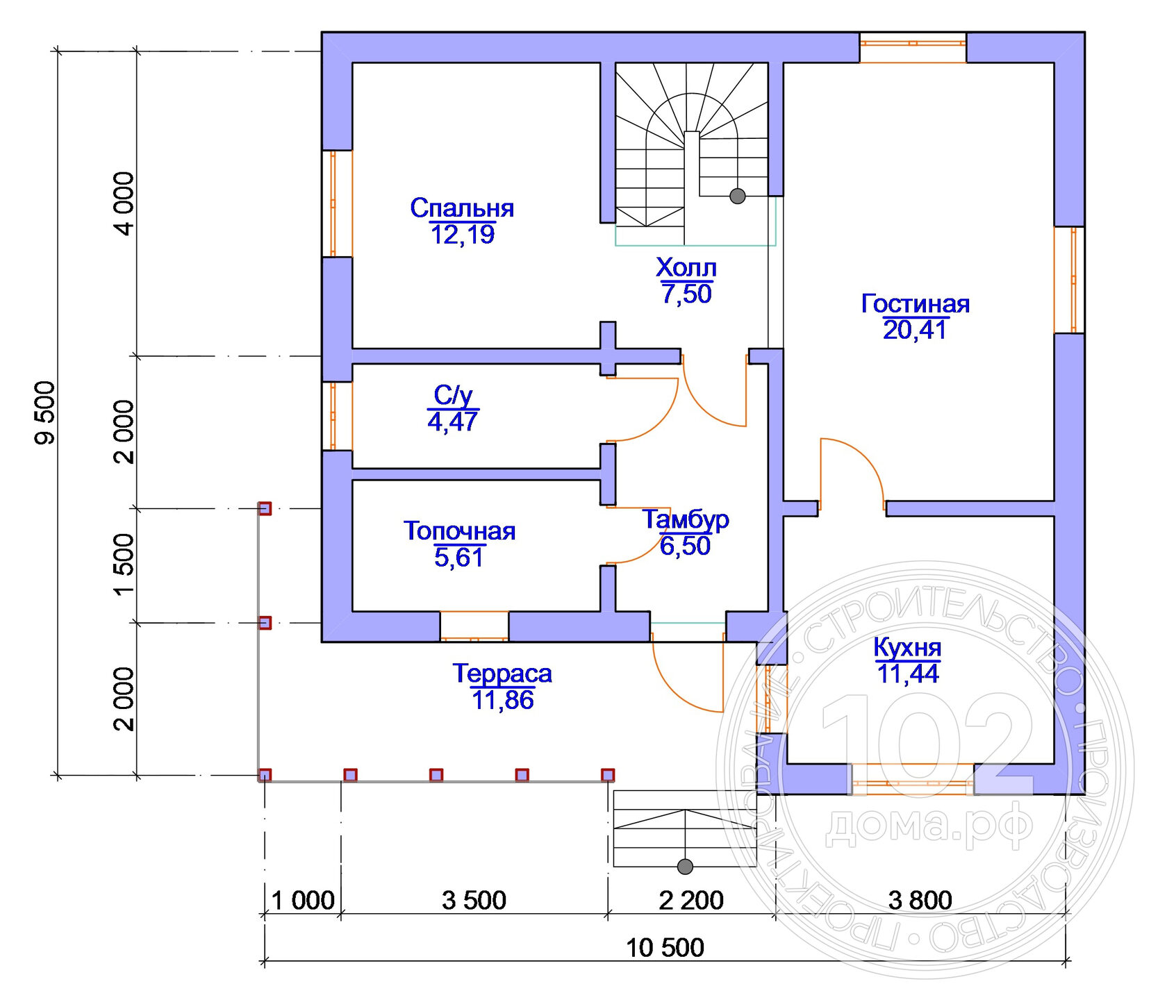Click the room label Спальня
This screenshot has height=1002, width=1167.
tap(462, 208)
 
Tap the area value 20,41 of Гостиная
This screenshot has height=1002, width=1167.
tap(915, 330)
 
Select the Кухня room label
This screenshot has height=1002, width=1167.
tap(907, 647)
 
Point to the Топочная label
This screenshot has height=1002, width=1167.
tap(459, 531)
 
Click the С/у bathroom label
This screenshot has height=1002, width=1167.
tap(453, 395)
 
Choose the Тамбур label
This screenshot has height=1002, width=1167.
tap(686, 520)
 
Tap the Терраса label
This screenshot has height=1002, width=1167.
tap(502, 674)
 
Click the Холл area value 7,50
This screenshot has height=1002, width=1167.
tap(686, 294)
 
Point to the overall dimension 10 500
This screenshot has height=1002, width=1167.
tap(665, 948)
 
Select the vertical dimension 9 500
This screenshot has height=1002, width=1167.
tap(45, 412)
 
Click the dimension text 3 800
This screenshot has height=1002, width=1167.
tap(920, 901)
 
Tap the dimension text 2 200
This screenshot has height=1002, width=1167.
tap(691, 901)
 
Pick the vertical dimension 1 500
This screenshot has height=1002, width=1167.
tap(124, 565)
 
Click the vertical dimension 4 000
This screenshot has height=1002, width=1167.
tap(124, 204)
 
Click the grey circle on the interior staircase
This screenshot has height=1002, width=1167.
tap(738, 197)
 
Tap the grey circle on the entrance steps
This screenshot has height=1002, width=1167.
tap(685, 867)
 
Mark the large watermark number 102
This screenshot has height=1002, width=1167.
tap(927, 744)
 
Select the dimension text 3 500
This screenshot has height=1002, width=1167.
tap(474, 901)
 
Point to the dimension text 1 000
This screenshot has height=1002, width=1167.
tap(303, 901)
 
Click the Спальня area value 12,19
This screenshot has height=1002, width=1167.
tap(463, 235)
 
